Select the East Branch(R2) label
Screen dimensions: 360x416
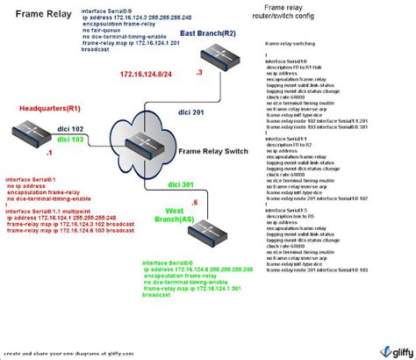[208, 32]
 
